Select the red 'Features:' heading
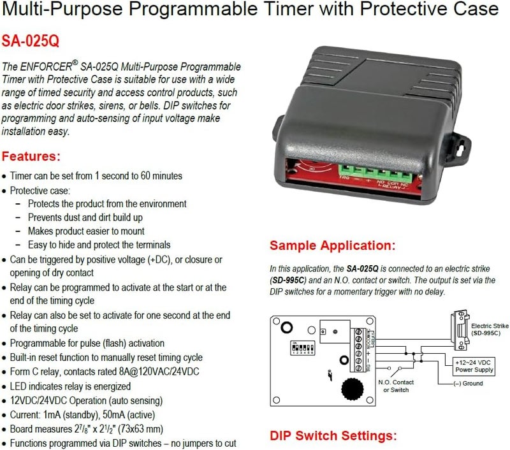[x=40, y=156]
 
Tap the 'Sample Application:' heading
[x=332, y=245]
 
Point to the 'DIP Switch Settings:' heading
[x=333, y=436]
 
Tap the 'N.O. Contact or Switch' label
[x=396, y=386]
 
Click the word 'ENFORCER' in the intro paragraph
[x=46, y=66]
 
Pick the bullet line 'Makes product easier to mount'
[x=86, y=231]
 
